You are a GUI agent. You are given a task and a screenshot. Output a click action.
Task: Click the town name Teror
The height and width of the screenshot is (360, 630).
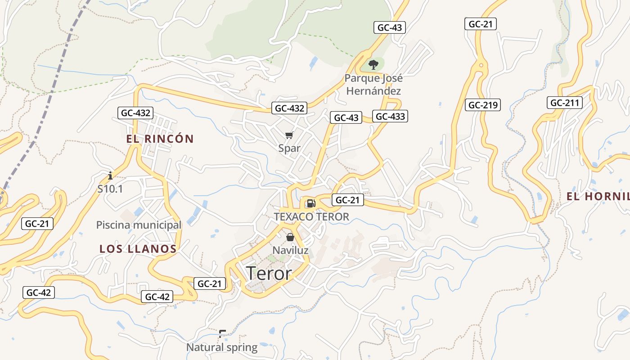[x=269, y=273]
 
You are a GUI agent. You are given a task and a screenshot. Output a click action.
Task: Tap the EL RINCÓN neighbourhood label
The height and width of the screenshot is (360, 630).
[x=160, y=139]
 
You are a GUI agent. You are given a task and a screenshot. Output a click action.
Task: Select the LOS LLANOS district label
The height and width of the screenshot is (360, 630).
[x=138, y=249]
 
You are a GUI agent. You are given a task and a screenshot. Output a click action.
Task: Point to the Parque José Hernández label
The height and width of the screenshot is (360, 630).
[x=373, y=85]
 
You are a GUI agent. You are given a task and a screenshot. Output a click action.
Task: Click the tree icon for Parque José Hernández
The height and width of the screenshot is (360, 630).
[x=373, y=65]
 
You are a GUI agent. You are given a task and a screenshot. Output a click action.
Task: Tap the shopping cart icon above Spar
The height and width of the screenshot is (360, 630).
[x=289, y=135]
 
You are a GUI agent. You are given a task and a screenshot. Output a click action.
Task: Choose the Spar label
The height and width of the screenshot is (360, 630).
[x=289, y=148]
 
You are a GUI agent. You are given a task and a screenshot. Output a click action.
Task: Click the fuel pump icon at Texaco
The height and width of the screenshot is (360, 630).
[x=311, y=203]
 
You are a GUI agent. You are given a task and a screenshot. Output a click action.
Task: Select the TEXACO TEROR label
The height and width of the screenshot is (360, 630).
[x=311, y=217]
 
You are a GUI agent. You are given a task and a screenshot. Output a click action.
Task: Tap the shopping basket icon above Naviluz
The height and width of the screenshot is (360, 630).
[x=290, y=237]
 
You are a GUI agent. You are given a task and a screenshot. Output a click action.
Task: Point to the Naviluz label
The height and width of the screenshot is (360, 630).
[x=290, y=250]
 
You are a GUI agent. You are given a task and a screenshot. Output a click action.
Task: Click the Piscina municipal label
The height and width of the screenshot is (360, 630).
[x=139, y=225]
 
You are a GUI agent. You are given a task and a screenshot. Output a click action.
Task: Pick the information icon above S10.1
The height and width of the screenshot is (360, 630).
[x=110, y=175]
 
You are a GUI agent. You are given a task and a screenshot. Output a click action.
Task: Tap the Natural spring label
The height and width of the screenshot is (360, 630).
[x=222, y=347]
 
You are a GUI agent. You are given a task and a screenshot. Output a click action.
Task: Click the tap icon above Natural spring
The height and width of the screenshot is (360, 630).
[x=222, y=334]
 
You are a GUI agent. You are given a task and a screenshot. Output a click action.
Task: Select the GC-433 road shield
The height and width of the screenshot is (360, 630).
[x=390, y=117]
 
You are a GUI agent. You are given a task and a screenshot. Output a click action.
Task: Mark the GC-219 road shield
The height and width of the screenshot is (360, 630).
[x=483, y=105]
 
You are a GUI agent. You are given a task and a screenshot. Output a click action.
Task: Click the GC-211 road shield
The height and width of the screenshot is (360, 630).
[x=565, y=103]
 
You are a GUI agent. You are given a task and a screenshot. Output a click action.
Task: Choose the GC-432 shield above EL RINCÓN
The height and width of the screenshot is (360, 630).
[x=135, y=113]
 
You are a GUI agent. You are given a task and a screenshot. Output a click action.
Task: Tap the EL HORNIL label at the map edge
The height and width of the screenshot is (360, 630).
[x=598, y=197]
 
